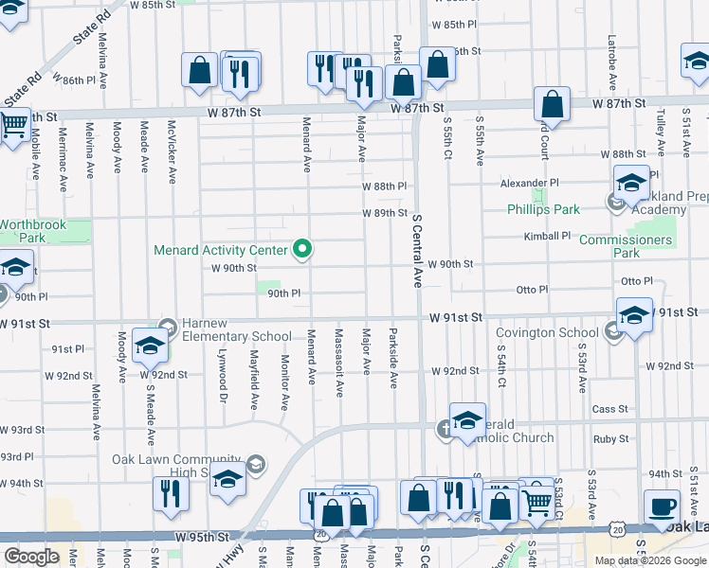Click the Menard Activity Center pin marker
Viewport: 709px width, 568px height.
(x=303, y=250)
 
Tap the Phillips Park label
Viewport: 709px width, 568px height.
(x=541, y=209)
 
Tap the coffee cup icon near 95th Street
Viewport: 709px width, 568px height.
(x=661, y=506)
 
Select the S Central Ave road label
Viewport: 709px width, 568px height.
(x=416, y=250)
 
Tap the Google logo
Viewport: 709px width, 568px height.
(x=31, y=557)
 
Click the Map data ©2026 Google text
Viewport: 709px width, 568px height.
(x=651, y=560)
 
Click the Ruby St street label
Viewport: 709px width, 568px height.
(x=609, y=439)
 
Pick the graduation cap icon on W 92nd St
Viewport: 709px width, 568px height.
(x=150, y=346)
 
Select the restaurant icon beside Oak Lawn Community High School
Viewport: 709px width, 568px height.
(x=172, y=494)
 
